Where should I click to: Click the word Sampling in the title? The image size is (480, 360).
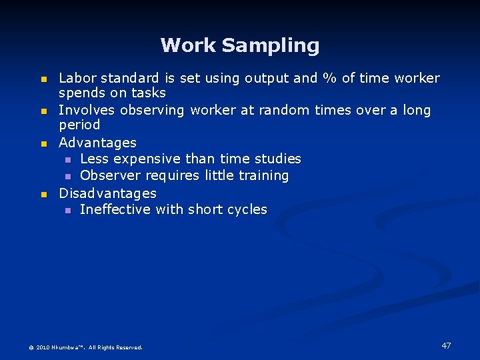pyautogui.click(x=271, y=46)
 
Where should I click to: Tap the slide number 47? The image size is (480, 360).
pyautogui.click(x=446, y=345)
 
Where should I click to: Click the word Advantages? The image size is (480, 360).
pyautogui.click(x=97, y=143)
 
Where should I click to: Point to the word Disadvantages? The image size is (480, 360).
pyautogui.click(x=107, y=193)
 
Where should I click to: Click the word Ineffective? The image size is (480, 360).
pyautogui.click(x=115, y=209)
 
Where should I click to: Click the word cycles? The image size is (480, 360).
pyautogui.click(x=246, y=209)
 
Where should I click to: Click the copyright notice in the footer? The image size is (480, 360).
pyautogui.click(x=85, y=347)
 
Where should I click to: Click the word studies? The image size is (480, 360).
pyautogui.click(x=278, y=159)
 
